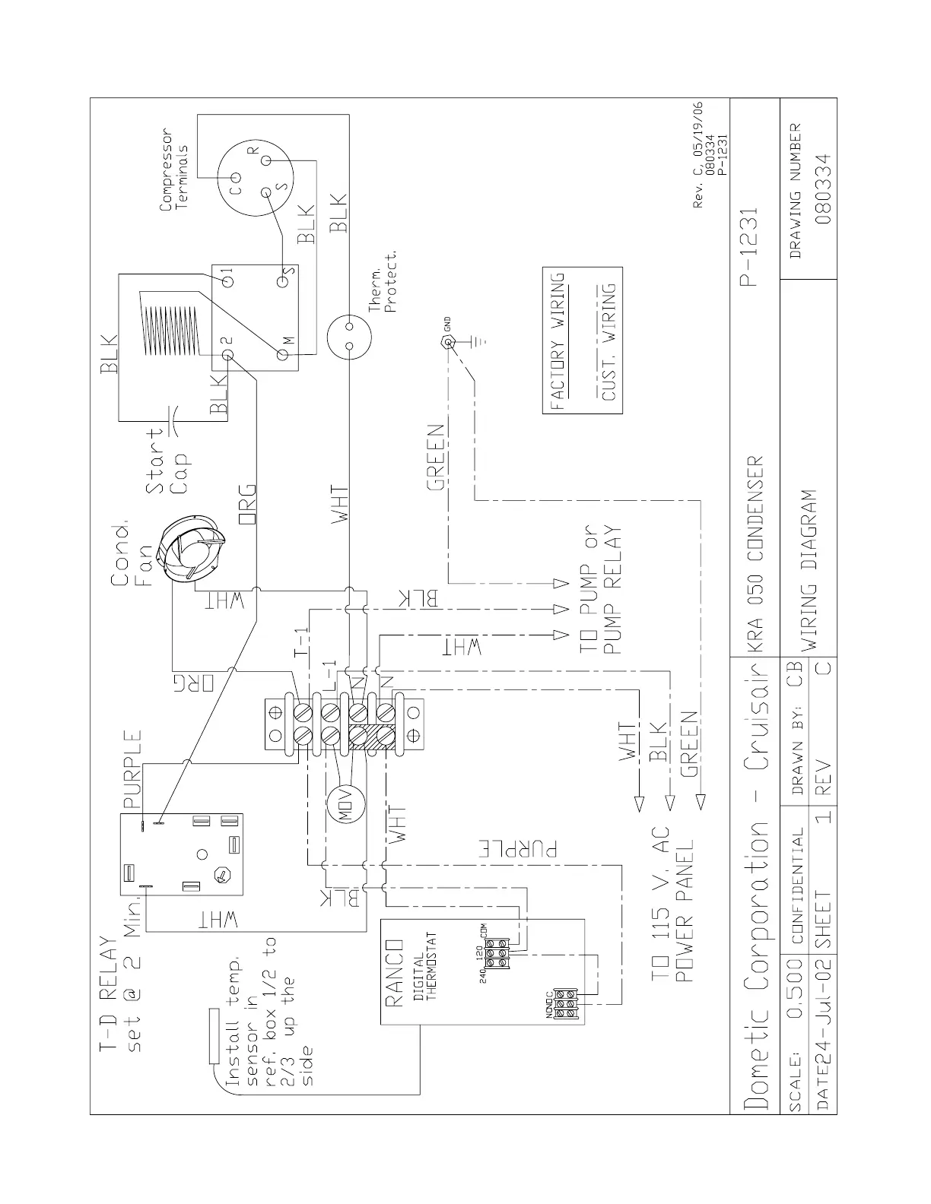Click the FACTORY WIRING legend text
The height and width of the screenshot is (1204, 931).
(559, 340)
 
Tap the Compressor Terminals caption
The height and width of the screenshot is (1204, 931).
(172, 173)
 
